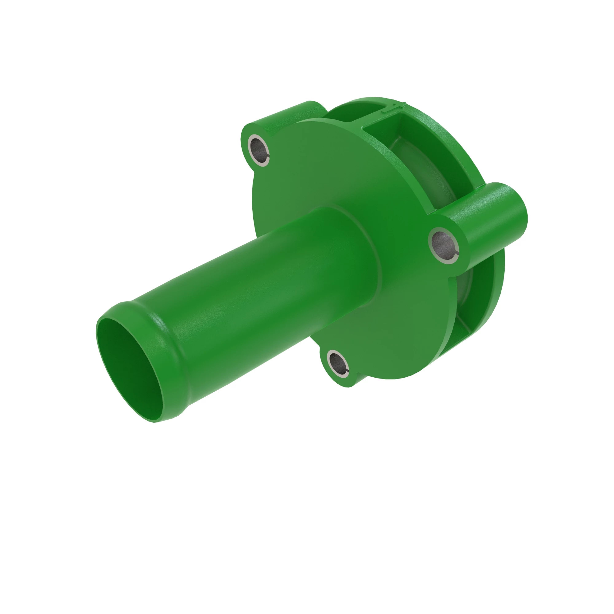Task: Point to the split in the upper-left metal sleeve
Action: [268, 156]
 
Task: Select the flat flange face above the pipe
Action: [318, 165]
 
